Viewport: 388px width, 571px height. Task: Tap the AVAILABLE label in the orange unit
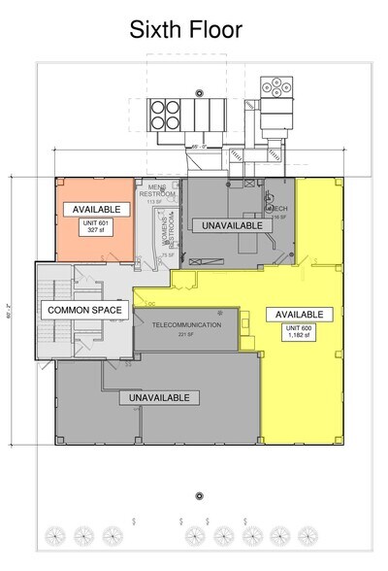click(x=95, y=209)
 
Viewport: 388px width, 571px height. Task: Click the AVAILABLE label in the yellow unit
click(x=299, y=314)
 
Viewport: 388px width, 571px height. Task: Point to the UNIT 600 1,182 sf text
click(x=299, y=335)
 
